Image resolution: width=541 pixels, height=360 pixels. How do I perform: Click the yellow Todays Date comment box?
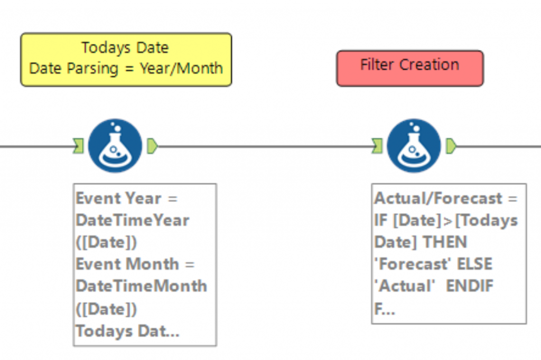tap(126, 59)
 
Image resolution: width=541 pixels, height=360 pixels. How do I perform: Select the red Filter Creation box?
tap(410, 68)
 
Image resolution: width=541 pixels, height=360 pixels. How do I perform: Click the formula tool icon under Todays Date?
tap(115, 146)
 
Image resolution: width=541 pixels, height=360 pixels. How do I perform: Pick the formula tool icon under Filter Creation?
tap(414, 146)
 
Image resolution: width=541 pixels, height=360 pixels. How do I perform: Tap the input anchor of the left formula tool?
tap(79, 146)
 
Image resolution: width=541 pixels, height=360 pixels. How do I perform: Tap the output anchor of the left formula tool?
tap(152, 146)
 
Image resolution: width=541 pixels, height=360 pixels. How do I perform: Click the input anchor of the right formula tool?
tap(377, 146)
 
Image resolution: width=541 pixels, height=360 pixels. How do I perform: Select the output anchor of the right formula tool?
tap(451, 146)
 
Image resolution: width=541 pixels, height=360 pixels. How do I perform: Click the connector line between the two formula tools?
tap(265, 146)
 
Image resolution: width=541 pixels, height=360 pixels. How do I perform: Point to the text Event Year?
tap(119, 198)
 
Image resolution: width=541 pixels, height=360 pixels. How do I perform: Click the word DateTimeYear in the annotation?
tap(133, 220)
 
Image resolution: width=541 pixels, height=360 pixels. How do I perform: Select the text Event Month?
tap(127, 264)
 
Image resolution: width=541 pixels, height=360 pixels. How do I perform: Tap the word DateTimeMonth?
tap(142, 286)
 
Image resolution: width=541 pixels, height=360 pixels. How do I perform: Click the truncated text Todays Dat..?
tap(128, 331)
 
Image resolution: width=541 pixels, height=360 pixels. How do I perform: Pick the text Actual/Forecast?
tap(438, 198)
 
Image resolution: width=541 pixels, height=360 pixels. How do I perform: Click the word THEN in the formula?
tap(445, 242)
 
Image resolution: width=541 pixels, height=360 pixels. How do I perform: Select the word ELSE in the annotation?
tap(474, 264)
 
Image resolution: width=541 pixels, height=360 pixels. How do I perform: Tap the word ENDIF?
tap(470, 286)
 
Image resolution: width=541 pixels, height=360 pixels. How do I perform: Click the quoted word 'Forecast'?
tap(413, 264)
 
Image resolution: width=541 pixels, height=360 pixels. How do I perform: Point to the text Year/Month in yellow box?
tap(181, 68)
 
